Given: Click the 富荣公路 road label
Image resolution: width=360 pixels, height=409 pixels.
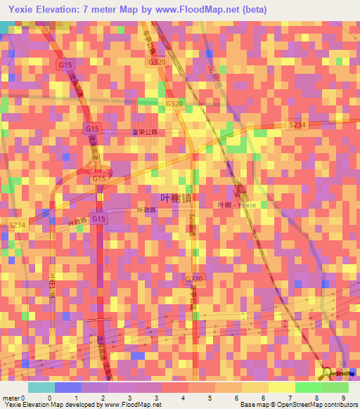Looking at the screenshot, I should (x=144, y=131).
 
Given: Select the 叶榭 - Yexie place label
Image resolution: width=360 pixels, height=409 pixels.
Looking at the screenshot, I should (x=238, y=204).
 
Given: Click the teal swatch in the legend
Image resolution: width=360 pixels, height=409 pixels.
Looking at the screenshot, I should (x=41, y=387).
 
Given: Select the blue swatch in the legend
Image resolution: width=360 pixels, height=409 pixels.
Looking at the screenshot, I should (x=68, y=387).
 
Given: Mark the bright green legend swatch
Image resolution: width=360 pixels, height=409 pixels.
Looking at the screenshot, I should (x=309, y=387).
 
